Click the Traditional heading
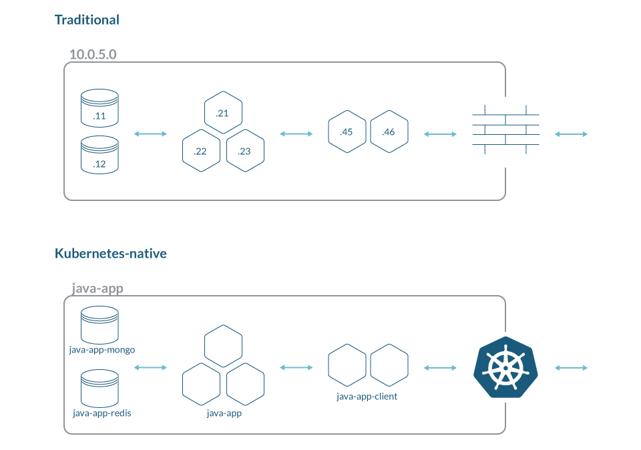pos(87,19)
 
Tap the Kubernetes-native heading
pos(111,254)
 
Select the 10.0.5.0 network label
pos(93,54)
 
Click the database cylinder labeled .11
pos(99,108)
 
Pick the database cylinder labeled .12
pos(99,155)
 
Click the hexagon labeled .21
pos(223,112)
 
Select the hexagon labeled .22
pos(201,150)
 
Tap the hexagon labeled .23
pos(245,150)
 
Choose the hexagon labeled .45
pos(347,132)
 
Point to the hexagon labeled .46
pos(389,132)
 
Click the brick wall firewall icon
pos(505,130)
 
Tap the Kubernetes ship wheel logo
pos(505,367)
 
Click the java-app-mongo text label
pos(101,350)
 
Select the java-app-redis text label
pos(101,413)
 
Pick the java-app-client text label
pos(367,397)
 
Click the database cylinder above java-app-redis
pos(99,389)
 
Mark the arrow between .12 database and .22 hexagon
pos(150,134)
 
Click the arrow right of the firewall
pos(571,134)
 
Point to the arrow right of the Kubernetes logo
pos(571,368)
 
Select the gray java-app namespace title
pos(97,288)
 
